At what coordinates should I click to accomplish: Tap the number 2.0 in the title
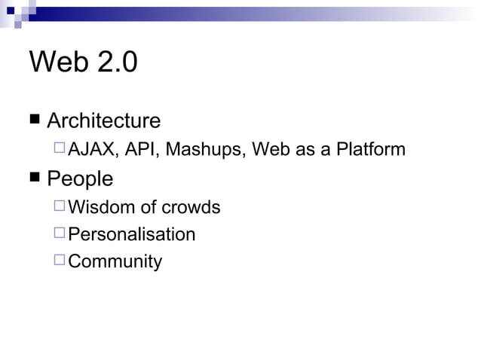[x=115, y=63]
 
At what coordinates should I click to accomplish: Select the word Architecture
[x=103, y=121]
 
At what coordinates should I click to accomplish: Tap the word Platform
[x=371, y=150]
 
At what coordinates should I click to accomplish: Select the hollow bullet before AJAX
[x=60, y=148]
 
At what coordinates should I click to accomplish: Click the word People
[x=80, y=178]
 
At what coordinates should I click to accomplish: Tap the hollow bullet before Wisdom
[x=60, y=206]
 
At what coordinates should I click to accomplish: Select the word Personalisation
[x=132, y=234]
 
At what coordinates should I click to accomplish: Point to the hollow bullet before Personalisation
[x=60, y=233]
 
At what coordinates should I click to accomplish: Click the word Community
[x=115, y=262]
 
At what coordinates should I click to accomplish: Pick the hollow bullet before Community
[x=60, y=261]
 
